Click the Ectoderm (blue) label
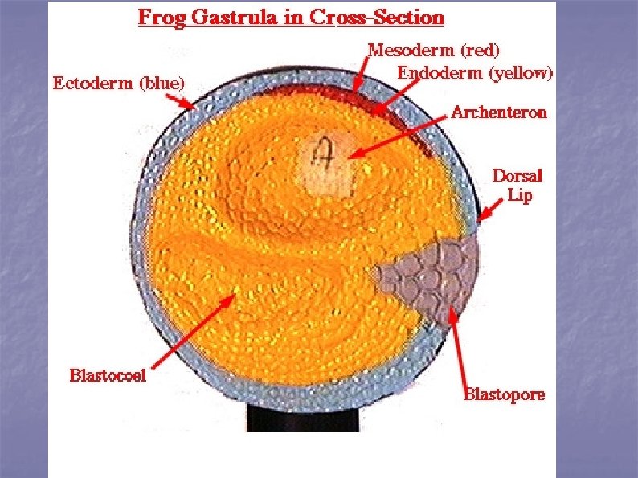(x=118, y=82)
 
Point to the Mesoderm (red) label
(x=433, y=50)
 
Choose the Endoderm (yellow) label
(x=475, y=73)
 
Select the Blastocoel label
(x=108, y=374)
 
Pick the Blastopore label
(x=505, y=394)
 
